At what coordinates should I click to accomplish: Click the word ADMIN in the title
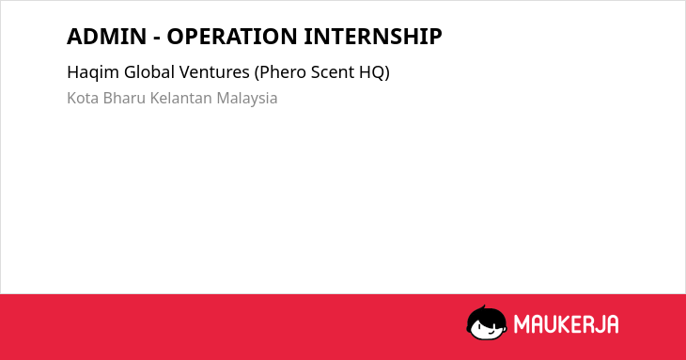point(107,37)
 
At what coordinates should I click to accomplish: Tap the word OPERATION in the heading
point(232,37)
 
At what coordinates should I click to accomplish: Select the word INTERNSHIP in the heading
point(373,37)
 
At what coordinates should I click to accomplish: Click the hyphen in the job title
point(157,38)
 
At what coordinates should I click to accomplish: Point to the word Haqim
point(93,72)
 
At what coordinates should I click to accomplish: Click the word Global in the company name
point(149,71)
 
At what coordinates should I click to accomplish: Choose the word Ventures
point(214,72)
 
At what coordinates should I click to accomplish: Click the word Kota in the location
point(83,98)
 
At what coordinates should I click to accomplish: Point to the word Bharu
point(124,98)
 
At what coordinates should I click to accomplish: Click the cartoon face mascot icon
point(487,322)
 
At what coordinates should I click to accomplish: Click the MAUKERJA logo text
point(566,324)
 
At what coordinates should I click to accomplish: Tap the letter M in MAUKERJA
point(522,324)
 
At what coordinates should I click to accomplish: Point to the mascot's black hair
point(486,314)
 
